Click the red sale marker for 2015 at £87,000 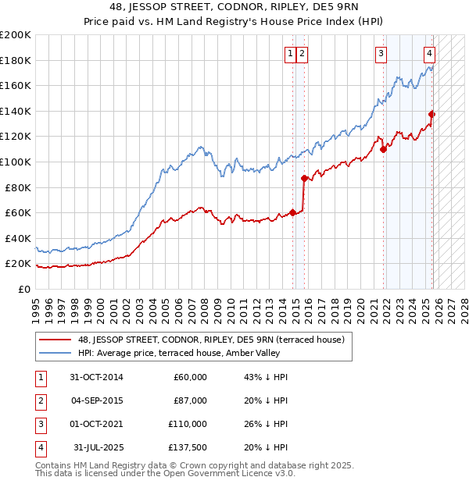point(304,178)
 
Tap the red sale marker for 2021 point(383,149)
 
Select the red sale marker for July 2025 point(432,114)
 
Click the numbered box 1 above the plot point(290,54)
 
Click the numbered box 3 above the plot point(381,54)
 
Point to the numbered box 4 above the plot point(430,54)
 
